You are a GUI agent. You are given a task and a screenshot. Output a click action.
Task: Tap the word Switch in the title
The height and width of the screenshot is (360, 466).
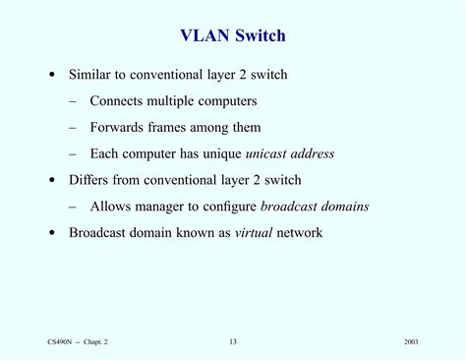[258, 37]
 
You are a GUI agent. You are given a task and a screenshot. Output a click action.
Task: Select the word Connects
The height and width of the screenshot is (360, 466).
[119, 101]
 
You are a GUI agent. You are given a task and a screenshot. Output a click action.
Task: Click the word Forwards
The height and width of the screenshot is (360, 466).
[118, 128]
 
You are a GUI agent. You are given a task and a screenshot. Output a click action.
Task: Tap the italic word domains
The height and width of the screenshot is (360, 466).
[343, 207]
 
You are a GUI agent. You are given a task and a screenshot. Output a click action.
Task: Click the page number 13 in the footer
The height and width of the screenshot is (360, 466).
[233, 341]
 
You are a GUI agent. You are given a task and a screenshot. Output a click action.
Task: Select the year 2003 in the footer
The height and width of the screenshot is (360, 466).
[411, 341]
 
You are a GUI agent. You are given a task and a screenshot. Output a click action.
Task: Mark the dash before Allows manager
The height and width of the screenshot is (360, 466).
[74, 207]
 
